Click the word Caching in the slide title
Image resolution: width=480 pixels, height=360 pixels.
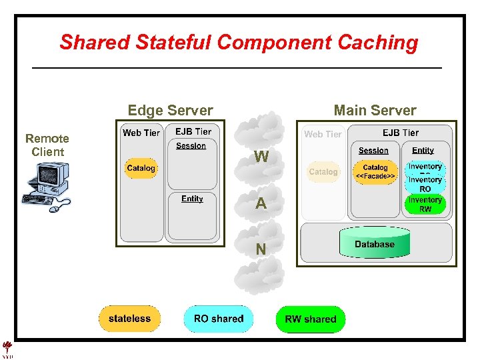pyautogui.click(x=377, y=43)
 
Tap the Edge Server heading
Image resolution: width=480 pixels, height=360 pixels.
pyautogui.click(x=170, y=111)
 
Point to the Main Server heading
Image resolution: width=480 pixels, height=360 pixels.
pyautogui.click(x=375, y=111)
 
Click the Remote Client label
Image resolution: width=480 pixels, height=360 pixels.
pyautogui.click(x=47, y=145)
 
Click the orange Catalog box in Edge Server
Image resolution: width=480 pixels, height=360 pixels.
pyautogui.click(x=141, y=169)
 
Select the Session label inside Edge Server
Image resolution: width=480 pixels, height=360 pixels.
pyautogui.click(x=191, y=146)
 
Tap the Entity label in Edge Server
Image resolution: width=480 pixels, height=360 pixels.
pyautogui.click(x=192, y=199)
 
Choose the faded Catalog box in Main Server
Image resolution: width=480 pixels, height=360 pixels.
pyautogui.click(x=323, y=172)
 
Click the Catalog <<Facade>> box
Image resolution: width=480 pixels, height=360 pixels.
pyautogui.click(x=375, y=172)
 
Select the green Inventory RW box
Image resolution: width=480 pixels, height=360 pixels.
pyautogui.click(x=425, y=205)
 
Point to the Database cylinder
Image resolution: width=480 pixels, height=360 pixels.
pyautogui.click(x=375, y=245)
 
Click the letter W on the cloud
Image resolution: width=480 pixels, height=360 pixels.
pyautogui.click(x=261, y=158)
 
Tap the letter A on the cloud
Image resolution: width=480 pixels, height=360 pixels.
pyautogui.click(x=261, y=205)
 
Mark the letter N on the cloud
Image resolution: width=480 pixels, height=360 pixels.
pyautogui.click(x=261, y=250)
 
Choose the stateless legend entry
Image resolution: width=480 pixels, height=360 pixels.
pyautogui.click(x=129, y=319)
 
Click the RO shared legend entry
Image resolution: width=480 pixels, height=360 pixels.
pyautogui.click(x=219, y=319)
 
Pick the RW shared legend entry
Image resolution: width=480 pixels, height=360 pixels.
pyautogui.click(x=311, y=319)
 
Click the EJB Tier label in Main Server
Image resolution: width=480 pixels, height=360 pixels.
pyautogui.click(x=401, y=133)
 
